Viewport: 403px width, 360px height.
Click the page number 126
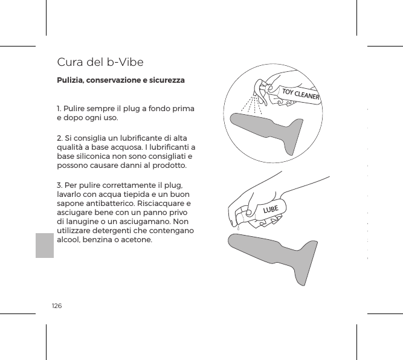click(x=57, y=307)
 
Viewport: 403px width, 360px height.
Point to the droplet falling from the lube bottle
click(x=238, y=229)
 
